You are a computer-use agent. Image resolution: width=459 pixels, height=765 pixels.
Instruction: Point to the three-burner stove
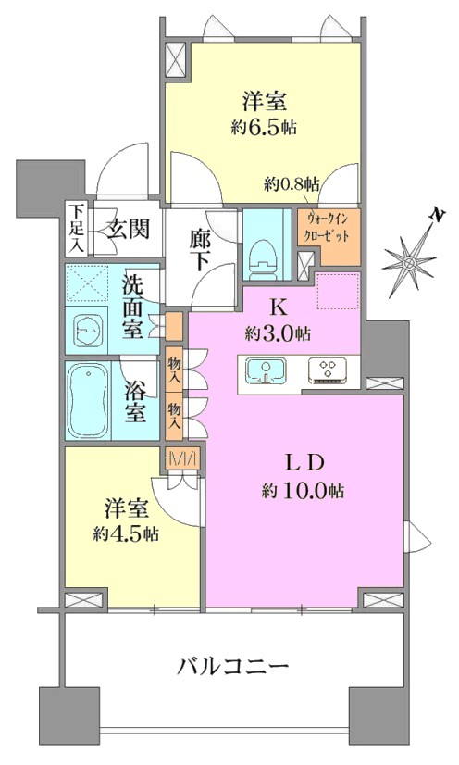pos(328,370)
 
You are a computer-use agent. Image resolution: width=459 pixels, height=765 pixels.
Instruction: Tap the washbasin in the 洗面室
pos(89,330)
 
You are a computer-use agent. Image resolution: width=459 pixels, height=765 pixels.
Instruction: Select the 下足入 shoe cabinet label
pos(76,229)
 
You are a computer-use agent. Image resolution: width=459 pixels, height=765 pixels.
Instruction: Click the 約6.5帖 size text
pos(264,128)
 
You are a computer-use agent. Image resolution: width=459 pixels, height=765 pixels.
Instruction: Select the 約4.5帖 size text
pos(126,533)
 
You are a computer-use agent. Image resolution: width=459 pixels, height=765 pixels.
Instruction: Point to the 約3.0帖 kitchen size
pos(279,334)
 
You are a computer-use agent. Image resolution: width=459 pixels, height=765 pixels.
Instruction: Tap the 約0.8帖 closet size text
pos(292,184)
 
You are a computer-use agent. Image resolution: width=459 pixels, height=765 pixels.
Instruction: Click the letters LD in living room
pos(304,463)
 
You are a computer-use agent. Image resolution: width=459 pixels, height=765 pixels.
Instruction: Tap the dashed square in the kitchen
pos(338,291)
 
